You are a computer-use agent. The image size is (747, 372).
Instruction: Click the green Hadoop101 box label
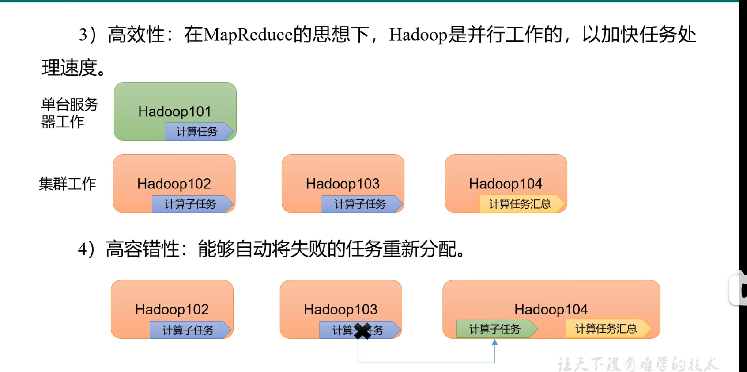175,111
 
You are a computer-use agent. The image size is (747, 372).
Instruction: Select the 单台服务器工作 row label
69,113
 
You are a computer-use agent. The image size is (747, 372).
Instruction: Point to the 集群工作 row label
68,184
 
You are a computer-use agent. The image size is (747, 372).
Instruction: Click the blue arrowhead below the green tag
494,342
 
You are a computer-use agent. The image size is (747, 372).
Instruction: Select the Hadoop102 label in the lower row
172,309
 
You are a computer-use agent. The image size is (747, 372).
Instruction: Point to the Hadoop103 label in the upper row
343,184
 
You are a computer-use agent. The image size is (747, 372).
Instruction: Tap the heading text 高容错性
143,249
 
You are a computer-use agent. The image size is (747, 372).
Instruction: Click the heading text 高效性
136,35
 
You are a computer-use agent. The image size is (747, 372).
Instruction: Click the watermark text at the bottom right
637,364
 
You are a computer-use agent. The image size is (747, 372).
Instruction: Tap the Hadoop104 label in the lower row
551,309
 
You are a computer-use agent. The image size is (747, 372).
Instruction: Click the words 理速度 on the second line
70,68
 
